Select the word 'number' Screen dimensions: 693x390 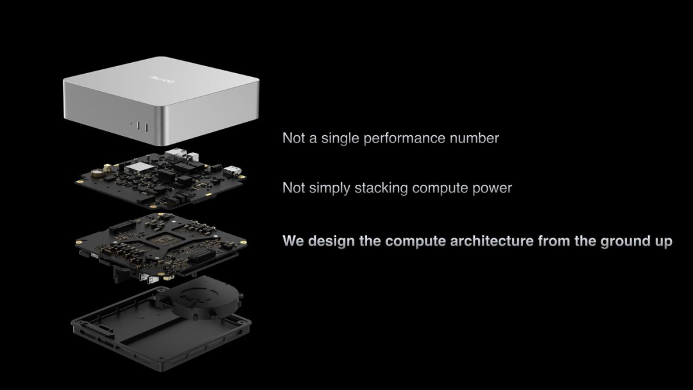tap(474, 139)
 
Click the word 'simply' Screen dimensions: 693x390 tap(329, 189)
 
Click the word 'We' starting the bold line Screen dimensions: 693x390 tap(293, 241)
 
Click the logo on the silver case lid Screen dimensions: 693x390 tap(162, 80)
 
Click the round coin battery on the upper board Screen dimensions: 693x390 tap(99, 174)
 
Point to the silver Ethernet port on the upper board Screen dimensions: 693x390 tap(175, 154)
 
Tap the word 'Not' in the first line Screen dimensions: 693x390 tap(293, 139)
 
